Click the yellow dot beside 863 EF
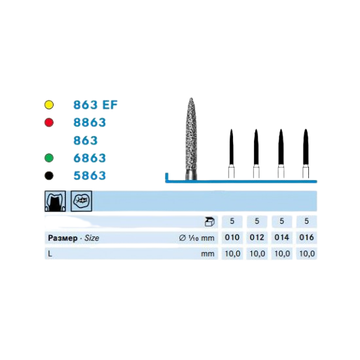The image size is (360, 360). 49,105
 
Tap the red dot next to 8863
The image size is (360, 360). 49,122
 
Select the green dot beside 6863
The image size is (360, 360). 49,158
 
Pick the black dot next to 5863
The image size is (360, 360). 49,175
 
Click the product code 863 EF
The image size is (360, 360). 96,105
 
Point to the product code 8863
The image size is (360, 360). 90,122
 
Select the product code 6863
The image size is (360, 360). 90,158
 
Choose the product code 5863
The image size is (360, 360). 90,175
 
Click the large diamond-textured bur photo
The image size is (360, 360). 191,139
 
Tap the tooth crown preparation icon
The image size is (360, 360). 55,201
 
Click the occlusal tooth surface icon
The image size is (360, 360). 81,201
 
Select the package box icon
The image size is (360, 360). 209,221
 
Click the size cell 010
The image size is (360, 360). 232,238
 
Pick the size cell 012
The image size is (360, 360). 257,238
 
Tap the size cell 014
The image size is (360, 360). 281,238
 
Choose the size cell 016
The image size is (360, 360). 306,238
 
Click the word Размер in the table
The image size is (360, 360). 63,238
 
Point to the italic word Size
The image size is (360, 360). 92,238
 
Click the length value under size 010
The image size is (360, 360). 232,254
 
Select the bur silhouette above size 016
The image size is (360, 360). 306,153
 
